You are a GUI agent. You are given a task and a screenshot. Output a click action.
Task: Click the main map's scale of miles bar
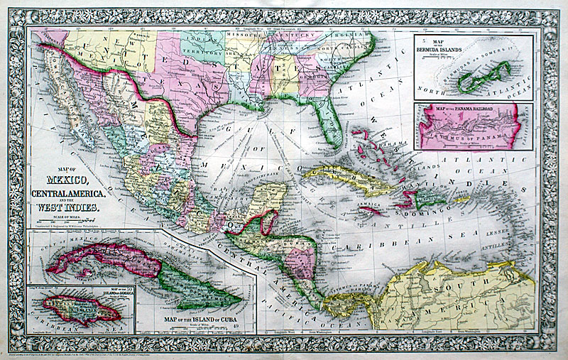click(x=65, y=221)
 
